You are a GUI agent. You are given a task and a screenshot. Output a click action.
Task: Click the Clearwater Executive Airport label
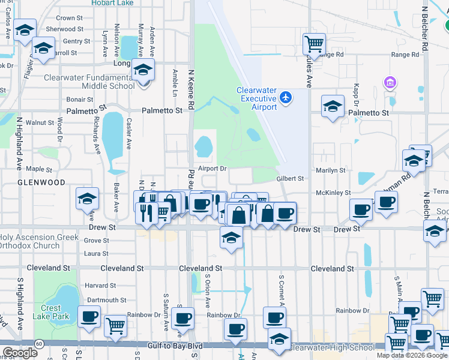pyautogui.click(x=256, y=98)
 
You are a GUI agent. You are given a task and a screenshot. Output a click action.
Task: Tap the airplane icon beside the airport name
pyautogui.click(x=286, y=97)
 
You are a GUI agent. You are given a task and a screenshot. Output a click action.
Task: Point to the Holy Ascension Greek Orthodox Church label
pyautogui.click(x=40, y=241)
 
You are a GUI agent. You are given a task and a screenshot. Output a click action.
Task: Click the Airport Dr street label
pyautogui.click(x=212, y=169)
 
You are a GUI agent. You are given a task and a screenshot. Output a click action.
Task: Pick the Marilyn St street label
pyautogui.click(x=331, y=170)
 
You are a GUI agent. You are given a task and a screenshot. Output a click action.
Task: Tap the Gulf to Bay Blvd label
pyautogui.click(x=174, y=346)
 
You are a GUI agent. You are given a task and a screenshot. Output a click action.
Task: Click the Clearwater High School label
pyautogui.click(x=332, y=347)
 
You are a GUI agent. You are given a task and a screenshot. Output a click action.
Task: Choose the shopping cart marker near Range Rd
pyautogui.click(x=314, y=44)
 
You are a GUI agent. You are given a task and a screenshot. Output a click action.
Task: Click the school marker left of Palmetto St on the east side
pyautogui.click(x=333, y=107)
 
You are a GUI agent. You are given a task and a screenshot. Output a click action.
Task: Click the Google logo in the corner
pyautogui.click(x=19, y=353)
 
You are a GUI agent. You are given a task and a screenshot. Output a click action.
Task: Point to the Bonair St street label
pyautogui.click(x=80, y=99)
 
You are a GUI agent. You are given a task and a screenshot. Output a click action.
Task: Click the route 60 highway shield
pyautogui.click(x=38, y=343)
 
